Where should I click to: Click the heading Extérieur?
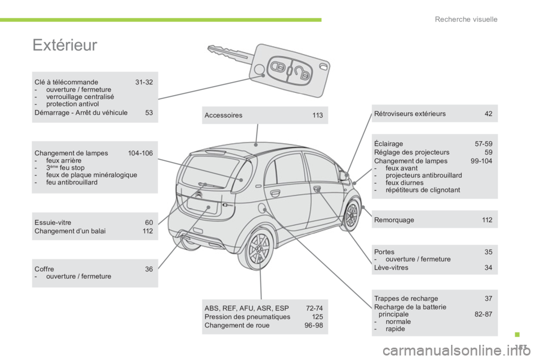[x=65, y=46]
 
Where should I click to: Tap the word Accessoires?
[x=224, y=115]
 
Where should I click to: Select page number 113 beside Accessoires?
[x=317, y=115]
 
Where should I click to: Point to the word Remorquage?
[x=394, y=220]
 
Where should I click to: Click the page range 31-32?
[x=144, y=82]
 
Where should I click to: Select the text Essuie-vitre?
[x=53, y=223]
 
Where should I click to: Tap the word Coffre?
[x=44, y=269]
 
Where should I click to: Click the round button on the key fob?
[x=259, y=69]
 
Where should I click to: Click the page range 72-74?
[x=314, y=308]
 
